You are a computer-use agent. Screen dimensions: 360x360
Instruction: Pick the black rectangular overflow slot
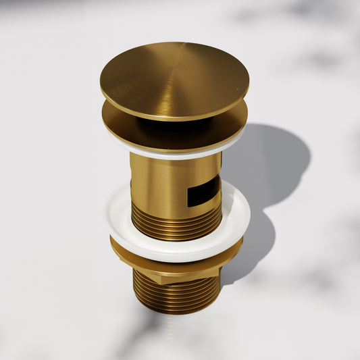tap(203, 192)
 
